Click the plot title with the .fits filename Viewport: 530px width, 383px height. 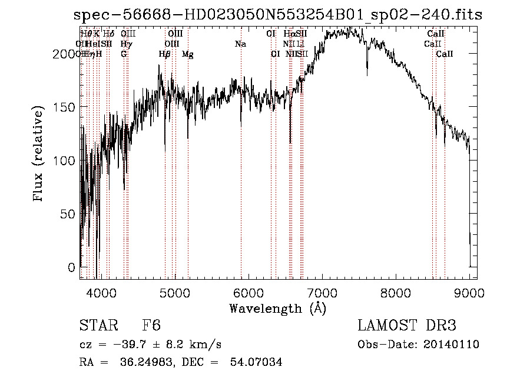278,15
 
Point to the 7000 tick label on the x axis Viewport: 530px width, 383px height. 322,292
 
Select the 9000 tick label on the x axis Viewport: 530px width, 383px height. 469,292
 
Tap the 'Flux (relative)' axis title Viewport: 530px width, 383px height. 39,155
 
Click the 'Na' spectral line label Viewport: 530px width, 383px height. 240,44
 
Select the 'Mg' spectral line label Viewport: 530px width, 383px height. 187,54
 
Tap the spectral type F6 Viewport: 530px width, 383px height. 151,326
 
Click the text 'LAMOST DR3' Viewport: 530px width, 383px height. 406,326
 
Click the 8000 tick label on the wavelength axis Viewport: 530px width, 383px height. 396,292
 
